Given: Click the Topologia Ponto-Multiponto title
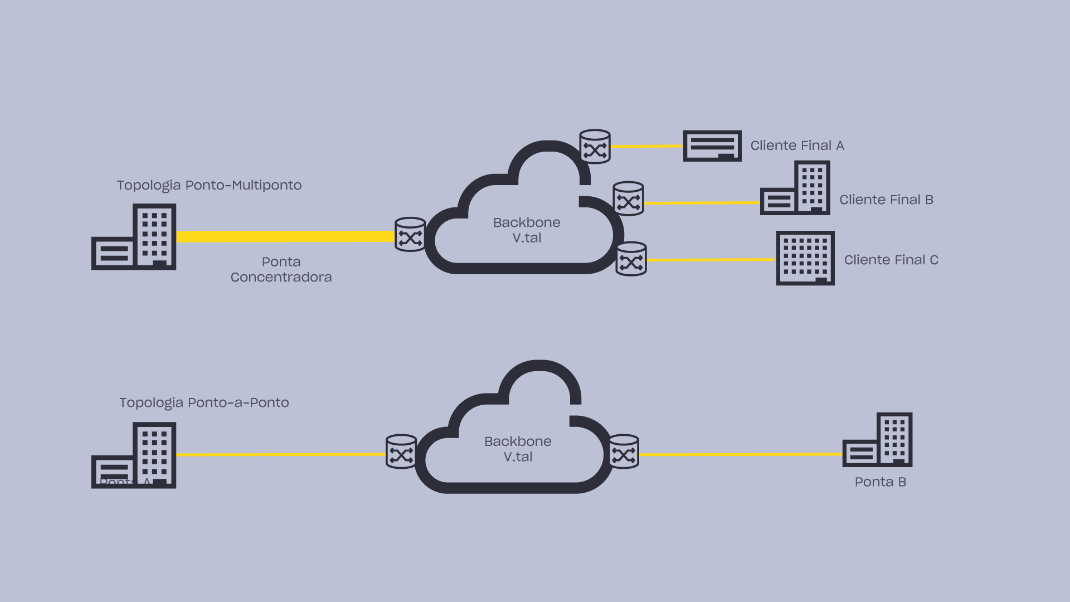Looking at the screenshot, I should point(209,185).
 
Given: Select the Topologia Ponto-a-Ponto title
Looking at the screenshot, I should point(204,402).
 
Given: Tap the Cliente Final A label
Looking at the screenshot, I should point(797,145).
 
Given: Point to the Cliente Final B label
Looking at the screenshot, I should point(886,200).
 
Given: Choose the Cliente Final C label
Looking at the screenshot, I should point(891,260).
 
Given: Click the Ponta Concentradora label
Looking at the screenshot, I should point(281,269).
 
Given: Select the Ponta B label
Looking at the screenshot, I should point(881,482).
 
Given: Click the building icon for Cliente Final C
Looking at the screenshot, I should point(805,258).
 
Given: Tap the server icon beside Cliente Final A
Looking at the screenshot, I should point(712,146).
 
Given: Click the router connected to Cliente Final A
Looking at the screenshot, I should point(595,147).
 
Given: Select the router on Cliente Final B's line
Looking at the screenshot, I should point(629,198).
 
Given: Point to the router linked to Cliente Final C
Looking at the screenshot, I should point(631,259).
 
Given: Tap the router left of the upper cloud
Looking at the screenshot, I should point(410,235).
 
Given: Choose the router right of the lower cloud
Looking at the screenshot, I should point(624,452).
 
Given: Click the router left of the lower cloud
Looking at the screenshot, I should point(401,452).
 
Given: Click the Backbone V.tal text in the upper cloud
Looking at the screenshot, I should point(527,230).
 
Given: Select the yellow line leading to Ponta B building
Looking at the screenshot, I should point(741,455).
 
